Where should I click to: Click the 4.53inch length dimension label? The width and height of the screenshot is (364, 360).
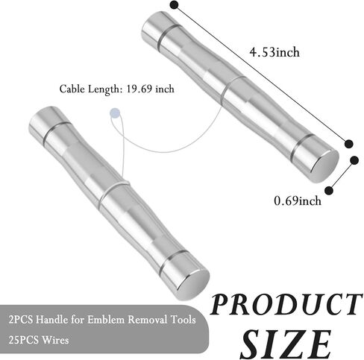pos(274,52)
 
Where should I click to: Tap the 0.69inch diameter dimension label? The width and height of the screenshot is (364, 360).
pos(298,200)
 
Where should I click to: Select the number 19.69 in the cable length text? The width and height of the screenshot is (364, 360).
pos(139,89)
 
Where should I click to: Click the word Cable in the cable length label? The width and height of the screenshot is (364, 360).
pos(72,89)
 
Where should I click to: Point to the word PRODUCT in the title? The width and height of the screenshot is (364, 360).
pos(286,305)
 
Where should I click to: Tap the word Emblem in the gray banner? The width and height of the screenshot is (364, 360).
pos(106,320)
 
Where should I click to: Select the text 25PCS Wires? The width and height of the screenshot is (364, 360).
pos(39,340)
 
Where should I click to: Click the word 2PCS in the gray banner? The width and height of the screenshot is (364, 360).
pos(21,320)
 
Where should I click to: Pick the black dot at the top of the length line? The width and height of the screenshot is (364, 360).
pos(175,4)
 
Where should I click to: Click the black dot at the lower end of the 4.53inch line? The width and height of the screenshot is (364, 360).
pos(349,144)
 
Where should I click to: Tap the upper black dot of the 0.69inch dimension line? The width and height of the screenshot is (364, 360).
pos(354,160)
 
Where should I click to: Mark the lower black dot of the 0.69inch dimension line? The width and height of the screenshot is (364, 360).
pos(329,191)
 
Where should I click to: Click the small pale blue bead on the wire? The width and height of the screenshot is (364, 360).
pos(115,113)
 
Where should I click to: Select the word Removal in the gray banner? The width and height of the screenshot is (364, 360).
pos(148,320)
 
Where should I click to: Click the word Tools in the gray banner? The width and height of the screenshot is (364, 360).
pos(183,320)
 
